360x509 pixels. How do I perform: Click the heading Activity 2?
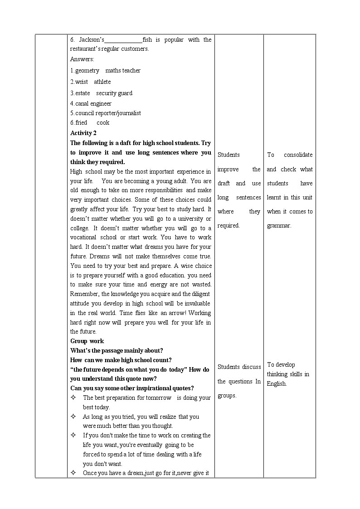point(83,133)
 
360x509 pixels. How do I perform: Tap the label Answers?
point(82,59)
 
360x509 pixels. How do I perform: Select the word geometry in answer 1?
point(87,70)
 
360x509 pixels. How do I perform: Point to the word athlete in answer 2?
point(102,82)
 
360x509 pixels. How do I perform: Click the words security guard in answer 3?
point(114,93)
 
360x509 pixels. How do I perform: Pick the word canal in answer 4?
point(82,103)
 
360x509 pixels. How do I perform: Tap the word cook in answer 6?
point(103,122)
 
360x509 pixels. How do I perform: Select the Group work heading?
point(87,341)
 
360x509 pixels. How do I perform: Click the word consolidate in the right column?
point(298,155)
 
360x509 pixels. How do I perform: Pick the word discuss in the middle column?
point(252,367)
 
